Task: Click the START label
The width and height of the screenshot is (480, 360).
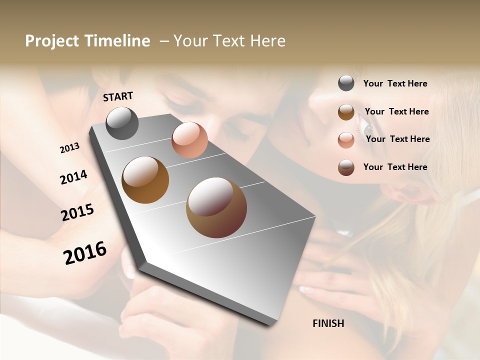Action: pos(118,96)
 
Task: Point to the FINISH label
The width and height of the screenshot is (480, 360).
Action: pos(328,323)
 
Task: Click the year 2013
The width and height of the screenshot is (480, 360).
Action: pos(69,148)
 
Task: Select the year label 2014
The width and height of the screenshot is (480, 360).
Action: pos(73,177)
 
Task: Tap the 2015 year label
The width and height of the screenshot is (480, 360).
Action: pos(77,212)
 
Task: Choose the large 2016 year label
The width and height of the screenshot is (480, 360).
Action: pos(85,253)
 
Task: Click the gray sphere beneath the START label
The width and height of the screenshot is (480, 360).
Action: pos(122,123)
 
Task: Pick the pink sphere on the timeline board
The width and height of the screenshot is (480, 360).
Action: pos(189,140)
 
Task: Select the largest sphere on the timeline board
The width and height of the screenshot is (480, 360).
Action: pos(216,207)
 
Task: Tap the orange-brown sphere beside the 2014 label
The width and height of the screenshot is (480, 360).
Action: pos(145,180)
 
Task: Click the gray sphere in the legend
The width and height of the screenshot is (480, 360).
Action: pos(346,83)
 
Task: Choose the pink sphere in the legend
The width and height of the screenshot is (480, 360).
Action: pos(346,139)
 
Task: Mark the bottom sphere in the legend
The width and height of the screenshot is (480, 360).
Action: pos(346,167)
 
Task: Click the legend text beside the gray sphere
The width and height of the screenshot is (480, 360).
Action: pos(395,83)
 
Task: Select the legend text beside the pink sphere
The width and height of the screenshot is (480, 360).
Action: pos(397,139)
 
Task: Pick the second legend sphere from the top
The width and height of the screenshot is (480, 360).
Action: pos(346,111)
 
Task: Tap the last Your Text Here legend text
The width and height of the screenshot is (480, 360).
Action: pos(395,167)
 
